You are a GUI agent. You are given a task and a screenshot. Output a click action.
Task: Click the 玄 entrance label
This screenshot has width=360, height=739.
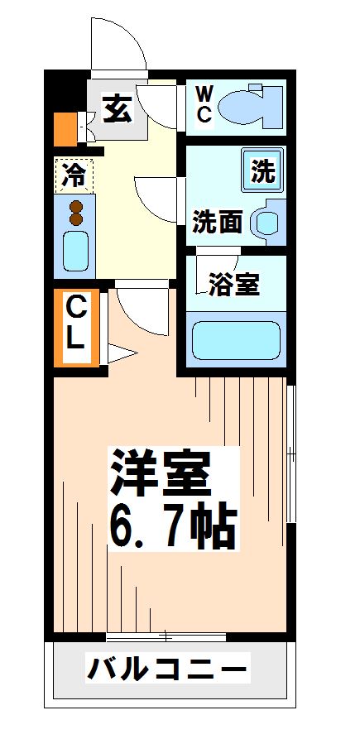tap(118, 108)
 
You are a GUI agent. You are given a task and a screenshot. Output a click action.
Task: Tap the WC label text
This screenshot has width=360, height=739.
tap(204, 104)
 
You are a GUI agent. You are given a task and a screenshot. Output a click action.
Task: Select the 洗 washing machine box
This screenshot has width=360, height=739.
tap(262, 172)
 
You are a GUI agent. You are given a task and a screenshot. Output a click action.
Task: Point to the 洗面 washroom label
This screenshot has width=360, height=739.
tap(218, 222)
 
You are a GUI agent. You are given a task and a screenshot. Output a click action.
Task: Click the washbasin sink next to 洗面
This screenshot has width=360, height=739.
tap(266, 222)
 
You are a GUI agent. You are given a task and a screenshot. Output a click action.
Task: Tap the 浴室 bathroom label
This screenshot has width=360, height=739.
tap(234, 285)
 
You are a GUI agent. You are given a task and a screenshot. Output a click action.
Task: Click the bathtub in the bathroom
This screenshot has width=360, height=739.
tap(236, 338)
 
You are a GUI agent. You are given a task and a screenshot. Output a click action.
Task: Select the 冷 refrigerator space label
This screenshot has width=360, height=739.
tap(74, 175)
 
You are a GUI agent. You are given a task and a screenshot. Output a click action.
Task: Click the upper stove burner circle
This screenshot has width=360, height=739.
tap(77, 206)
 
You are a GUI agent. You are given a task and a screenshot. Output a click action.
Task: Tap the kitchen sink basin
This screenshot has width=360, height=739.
tap(75, 250)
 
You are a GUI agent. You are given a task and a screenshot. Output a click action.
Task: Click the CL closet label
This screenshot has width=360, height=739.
tap(75, 325)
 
